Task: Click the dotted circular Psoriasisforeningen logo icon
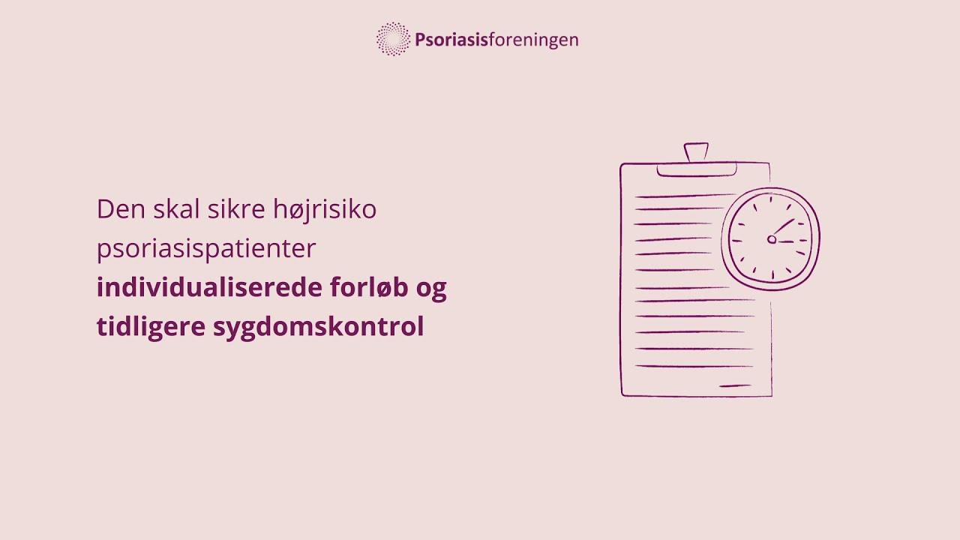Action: [393, 39]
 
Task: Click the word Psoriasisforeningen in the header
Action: [496, 40]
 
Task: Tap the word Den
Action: [121, 209]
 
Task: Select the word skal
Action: [176, 208]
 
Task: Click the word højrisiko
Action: [325, 211]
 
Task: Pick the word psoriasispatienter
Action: [206, 249]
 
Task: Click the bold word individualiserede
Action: [209, 286]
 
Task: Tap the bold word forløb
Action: [369, 286]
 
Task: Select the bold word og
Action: [431, 290]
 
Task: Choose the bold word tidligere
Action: [151, 327]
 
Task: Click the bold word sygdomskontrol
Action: [319, 327]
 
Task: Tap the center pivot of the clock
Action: [772, 239]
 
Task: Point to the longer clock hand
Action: [784, 226]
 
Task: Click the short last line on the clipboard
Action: [735, 386]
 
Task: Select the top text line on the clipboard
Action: [685, 196]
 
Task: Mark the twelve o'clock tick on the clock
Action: [771, 199]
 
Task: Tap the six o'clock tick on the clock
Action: [772, 274]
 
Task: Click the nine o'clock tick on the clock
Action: [736, 241]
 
